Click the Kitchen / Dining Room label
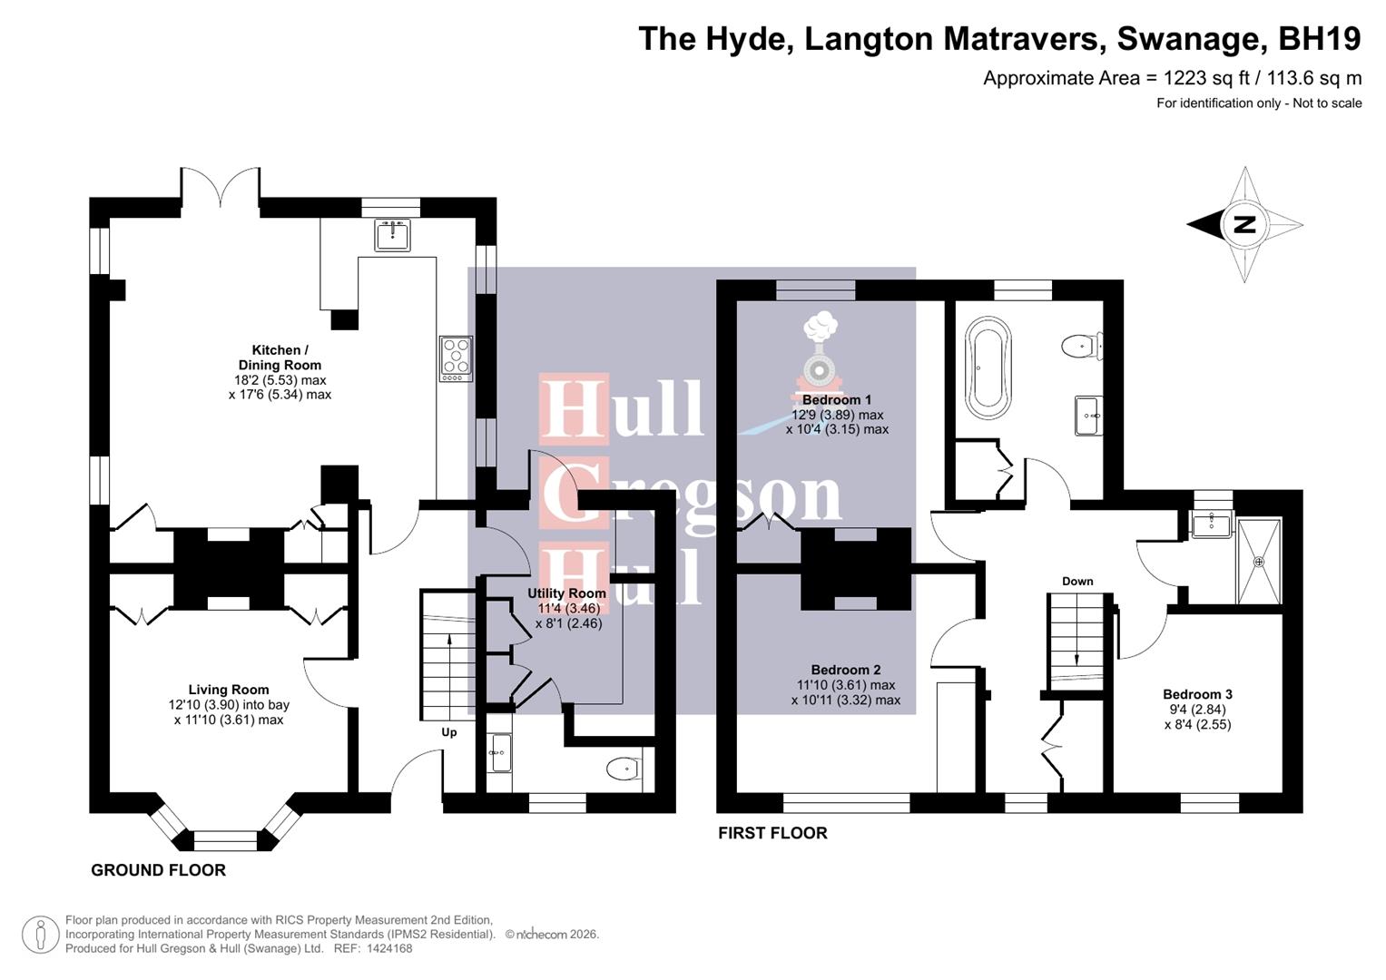click(x=280, y=358)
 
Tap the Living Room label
click(x=229, y=690)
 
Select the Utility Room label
click(x=566, y=593)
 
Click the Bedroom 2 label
click(x=846, y=671)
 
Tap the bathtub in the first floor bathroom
click(x=988, y=367)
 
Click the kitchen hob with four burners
click(x=456, y=358)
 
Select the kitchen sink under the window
click(x=392, y=235)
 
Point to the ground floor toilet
click(x=623, y=769)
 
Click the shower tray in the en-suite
click(x=1259, y=562)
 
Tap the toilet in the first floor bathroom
click(x=1080, y=346)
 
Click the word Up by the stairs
click(x=448, y=732)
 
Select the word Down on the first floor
click(x=1077, y=581)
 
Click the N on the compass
click(x=1243, y=224)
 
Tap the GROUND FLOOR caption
click(x=158, y=870)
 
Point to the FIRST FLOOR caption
click(x=772, y=833)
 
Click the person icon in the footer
click(x=41, y=934)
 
